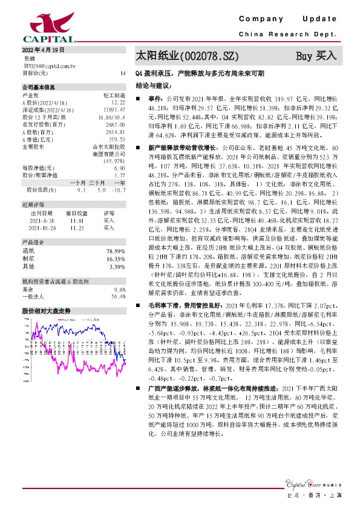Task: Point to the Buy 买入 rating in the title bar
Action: [x=315, y=56]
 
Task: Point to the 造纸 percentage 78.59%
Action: [x=115, y=250]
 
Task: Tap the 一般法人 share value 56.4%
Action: [x=117, y=296]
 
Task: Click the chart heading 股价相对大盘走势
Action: [x=47, y=310]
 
